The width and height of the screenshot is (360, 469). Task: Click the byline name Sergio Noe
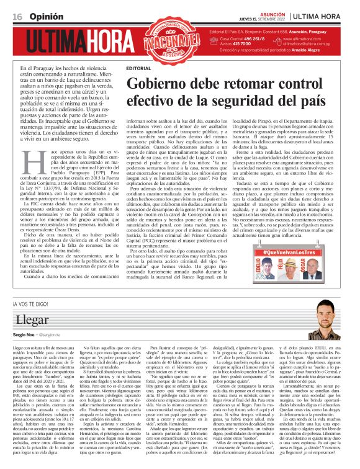(x=24, y=333)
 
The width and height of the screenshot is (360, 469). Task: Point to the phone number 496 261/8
(x=249, y=38)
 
